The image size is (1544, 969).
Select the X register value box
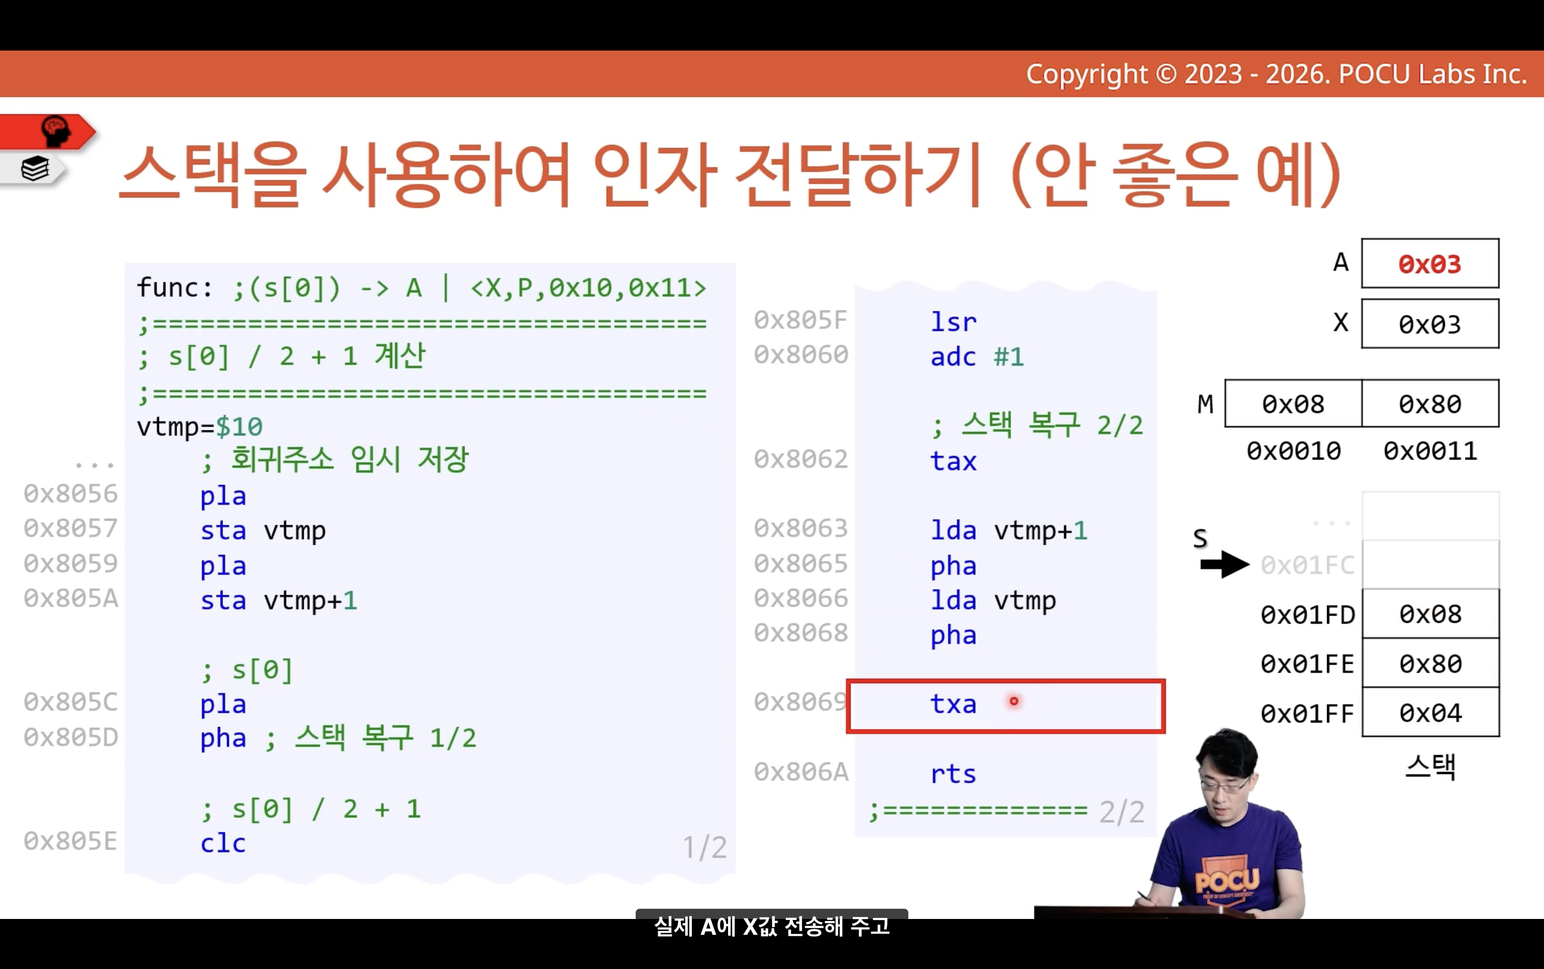click(1430, 324)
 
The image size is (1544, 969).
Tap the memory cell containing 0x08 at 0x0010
click(1293, 404)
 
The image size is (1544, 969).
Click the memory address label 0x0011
click(1430, 451)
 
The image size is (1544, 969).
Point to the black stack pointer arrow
click(1225, 565)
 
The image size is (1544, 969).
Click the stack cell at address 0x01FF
click(1430, 713)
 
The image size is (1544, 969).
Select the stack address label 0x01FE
click(1308, 664)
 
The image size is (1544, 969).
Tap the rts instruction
click(953, 774)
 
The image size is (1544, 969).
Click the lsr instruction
click(953, 322)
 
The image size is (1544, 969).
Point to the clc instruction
click(223, 843)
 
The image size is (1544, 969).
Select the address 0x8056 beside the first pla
click(70, 494)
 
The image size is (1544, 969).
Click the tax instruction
click(953, 462)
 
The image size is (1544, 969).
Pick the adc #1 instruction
click(977, 356)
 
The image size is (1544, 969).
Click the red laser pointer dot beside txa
click(1014, 701)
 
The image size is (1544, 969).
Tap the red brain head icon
click(56, 131)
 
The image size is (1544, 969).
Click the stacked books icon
click(35, 169)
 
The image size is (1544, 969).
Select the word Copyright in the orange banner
click(1087, 75)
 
